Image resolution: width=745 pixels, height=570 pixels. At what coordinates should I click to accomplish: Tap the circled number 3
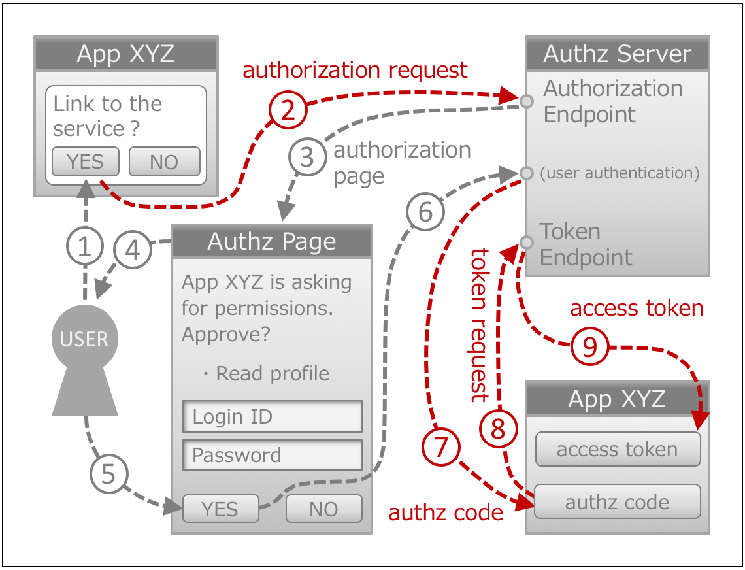306,158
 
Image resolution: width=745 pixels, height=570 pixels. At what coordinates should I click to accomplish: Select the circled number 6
425,212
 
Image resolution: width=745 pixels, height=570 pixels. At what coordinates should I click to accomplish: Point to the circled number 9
589,347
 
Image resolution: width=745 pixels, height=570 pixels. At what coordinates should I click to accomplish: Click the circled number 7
441,448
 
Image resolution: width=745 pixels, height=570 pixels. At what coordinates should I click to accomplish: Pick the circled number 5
108,475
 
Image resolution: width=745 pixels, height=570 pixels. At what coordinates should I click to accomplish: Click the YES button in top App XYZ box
86,161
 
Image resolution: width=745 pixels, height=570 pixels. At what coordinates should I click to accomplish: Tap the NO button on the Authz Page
323,509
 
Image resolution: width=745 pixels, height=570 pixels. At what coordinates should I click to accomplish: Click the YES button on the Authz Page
220,509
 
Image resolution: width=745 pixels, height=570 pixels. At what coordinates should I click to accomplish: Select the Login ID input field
272,416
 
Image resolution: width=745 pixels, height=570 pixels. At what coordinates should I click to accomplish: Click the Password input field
272,456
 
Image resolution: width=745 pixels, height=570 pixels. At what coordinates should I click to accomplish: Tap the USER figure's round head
84,338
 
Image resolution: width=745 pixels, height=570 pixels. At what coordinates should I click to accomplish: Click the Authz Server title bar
617,54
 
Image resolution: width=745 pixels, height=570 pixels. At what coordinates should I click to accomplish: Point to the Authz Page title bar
272,241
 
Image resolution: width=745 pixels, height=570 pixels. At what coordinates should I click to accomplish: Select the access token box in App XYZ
617,449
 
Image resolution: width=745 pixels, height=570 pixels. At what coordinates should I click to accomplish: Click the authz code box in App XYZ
617,502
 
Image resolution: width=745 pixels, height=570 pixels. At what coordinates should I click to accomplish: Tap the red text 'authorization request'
355,70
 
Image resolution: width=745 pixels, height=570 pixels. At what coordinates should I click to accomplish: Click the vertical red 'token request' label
480,325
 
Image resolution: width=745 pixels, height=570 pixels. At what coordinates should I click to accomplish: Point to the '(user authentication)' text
620,173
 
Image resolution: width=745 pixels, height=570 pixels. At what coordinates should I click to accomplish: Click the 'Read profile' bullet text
272,373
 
